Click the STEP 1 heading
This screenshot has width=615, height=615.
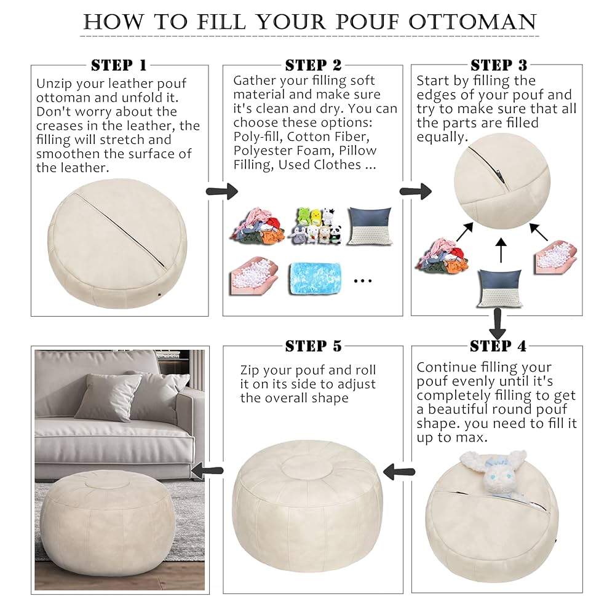pos(119,65)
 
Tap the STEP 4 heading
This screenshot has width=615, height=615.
pos(498,346)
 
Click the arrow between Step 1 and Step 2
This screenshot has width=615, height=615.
pos(221,191)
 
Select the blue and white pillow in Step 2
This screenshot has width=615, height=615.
pos(370,226)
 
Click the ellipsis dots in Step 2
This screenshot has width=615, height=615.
pos(363,280)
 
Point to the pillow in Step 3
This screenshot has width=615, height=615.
pos(499,287)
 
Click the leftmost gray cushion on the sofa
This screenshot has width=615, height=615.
pos(108,397)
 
